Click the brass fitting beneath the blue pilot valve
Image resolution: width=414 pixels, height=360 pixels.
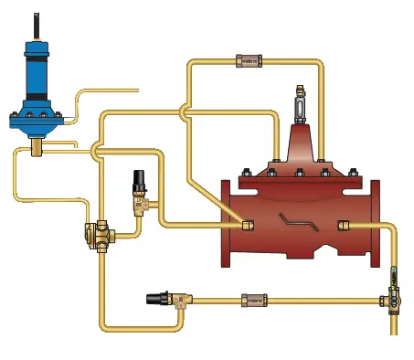tap(39, 145)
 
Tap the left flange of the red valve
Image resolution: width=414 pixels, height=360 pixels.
tap(228, 223)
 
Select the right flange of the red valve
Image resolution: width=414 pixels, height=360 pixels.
tap(375, 224)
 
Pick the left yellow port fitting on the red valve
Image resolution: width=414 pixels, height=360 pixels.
tap(249, 224)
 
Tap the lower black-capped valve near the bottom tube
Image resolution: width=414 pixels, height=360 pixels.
tap(163, 298)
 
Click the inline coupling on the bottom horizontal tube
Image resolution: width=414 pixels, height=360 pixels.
tap(250, 299)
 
